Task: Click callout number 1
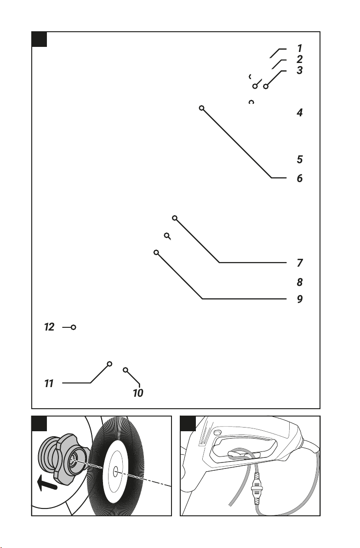[x=299, y=48]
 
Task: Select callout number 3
[x=299, y=70]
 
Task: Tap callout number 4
[x=299, y=113]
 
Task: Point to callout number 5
[x=299, y=160]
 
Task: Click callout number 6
[x=299, y=178]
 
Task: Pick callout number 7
[x=300, y=263]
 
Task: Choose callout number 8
[x=299, y=282]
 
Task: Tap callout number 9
[x=299, y=299]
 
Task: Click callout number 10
[x=138, y=393]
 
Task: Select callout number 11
[x=49, y=383]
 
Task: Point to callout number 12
[x=49, y=327]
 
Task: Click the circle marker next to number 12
[x=74, y=327]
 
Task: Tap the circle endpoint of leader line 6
[x=202, y=108]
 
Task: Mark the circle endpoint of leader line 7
[x=175, y=218]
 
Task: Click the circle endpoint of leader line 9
[x=156, y=252]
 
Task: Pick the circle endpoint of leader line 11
[x=109, y=364]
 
